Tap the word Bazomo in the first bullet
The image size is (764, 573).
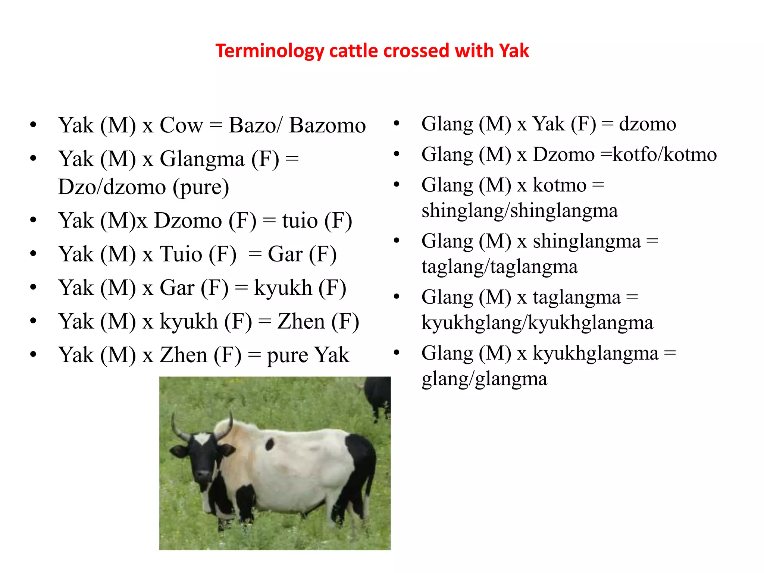(x=327, y=125)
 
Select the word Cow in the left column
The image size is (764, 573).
(x=181, y=125)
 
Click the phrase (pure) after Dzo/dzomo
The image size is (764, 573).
(x=201, y=187)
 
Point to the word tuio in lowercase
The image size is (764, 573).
(x=300, y=221)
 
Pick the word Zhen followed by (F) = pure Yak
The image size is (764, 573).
(x=184, y=355)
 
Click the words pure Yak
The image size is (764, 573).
(x=308, y=355)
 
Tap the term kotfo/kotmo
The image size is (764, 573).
(x=664, y=155)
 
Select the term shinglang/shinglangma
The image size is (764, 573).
(x=519, y=211)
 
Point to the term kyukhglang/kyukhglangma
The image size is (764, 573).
(x=537, y=323)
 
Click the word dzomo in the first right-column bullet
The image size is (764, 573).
(x=647, y=124)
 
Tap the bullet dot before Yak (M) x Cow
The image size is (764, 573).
(x=34, y=125)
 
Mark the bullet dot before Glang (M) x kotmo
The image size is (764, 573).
(x=397, y=184)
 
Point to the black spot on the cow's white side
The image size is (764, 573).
(x=269, y=444)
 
